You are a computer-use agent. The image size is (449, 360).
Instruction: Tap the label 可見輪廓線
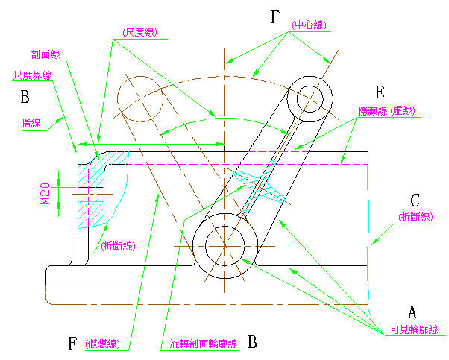coord(413,329)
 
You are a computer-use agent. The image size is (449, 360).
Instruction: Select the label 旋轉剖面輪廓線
coord(199,344)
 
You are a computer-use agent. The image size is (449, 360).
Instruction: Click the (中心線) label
coord(309,25)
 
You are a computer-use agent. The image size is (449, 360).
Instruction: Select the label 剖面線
coord(45,54)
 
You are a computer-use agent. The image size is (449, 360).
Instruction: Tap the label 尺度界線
coord(32,75)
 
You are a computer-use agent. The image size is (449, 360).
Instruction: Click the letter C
coord(415,200)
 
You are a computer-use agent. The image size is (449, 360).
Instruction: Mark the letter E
coord(379,92)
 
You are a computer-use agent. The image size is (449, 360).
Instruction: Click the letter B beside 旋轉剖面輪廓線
coord(252,343)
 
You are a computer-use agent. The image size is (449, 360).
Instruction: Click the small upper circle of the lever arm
coord(306,93)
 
